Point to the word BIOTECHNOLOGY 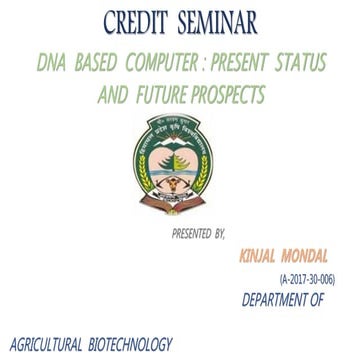[130, 344]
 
